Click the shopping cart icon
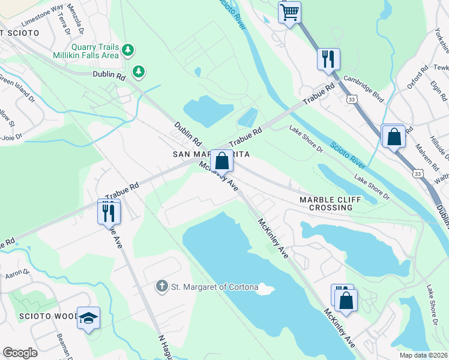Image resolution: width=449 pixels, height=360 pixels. [x=290, y=12]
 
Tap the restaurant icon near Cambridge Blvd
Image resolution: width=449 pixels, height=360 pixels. [x=328, y=59]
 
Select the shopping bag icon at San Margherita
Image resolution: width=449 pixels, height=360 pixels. [x=221, y=161]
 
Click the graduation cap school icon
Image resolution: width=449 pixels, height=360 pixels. [x=88, y=318]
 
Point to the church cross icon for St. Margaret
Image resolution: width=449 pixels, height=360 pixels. [x=161, y=287]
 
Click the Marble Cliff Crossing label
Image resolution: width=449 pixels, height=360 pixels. [x=327, y=203]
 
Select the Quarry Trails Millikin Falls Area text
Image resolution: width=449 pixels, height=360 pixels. [x=96, y=51]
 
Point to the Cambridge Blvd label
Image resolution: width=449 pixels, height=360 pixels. [x=363, y=88]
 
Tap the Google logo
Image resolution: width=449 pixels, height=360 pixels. [x=19, y=353]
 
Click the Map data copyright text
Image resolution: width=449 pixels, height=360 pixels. [x=423, y=355]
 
